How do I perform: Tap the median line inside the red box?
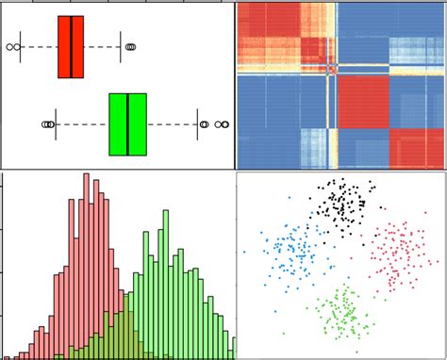[x=72, y=46]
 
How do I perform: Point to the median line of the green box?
[x=127, y=124]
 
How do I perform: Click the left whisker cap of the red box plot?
[x=21, y=46]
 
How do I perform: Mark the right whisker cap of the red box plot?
[x=121, y=46]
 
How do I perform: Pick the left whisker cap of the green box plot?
[x=56, y=124]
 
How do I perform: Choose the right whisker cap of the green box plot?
[x=197, y=124]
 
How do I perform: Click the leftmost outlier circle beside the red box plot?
[x=10, y=46]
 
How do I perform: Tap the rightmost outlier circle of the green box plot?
[x=224, y=124]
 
